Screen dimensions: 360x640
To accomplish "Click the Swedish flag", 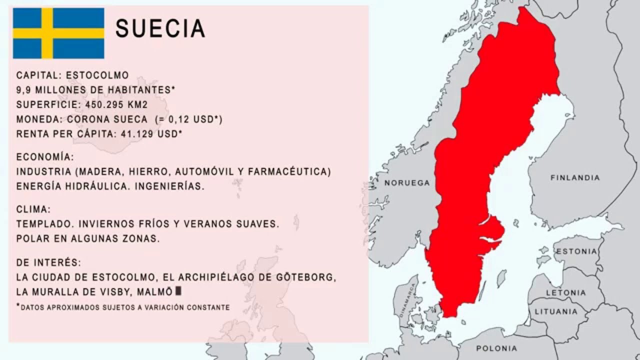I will point(58,33).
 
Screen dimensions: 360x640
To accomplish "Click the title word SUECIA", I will point(160,29).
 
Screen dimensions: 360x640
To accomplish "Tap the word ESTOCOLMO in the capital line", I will point(97,75).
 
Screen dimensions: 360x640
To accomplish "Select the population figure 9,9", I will point(23,90).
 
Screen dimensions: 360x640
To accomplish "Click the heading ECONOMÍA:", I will point(45,157).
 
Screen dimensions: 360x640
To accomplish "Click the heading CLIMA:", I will point(33,209).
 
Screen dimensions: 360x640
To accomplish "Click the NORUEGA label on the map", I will point(407,183).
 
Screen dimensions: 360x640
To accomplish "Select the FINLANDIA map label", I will point(574,177).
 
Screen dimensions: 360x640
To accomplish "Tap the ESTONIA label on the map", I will point(576,251).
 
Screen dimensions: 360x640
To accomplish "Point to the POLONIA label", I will point(496,348).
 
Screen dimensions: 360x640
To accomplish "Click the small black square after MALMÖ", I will point(178,291).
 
